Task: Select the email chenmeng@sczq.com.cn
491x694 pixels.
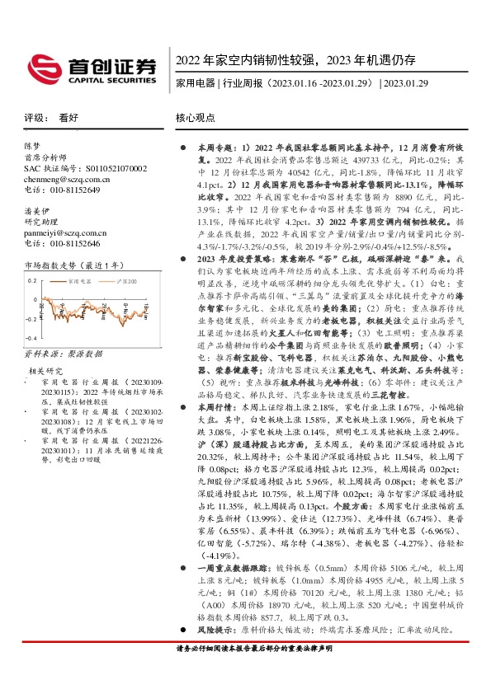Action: pyautogui.click(x=63, y=179)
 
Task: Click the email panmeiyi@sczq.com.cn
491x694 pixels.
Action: pyautogui.click(x=62, y=233)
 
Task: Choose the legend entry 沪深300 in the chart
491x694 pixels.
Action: pyautogui.click(x=123, y=281)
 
